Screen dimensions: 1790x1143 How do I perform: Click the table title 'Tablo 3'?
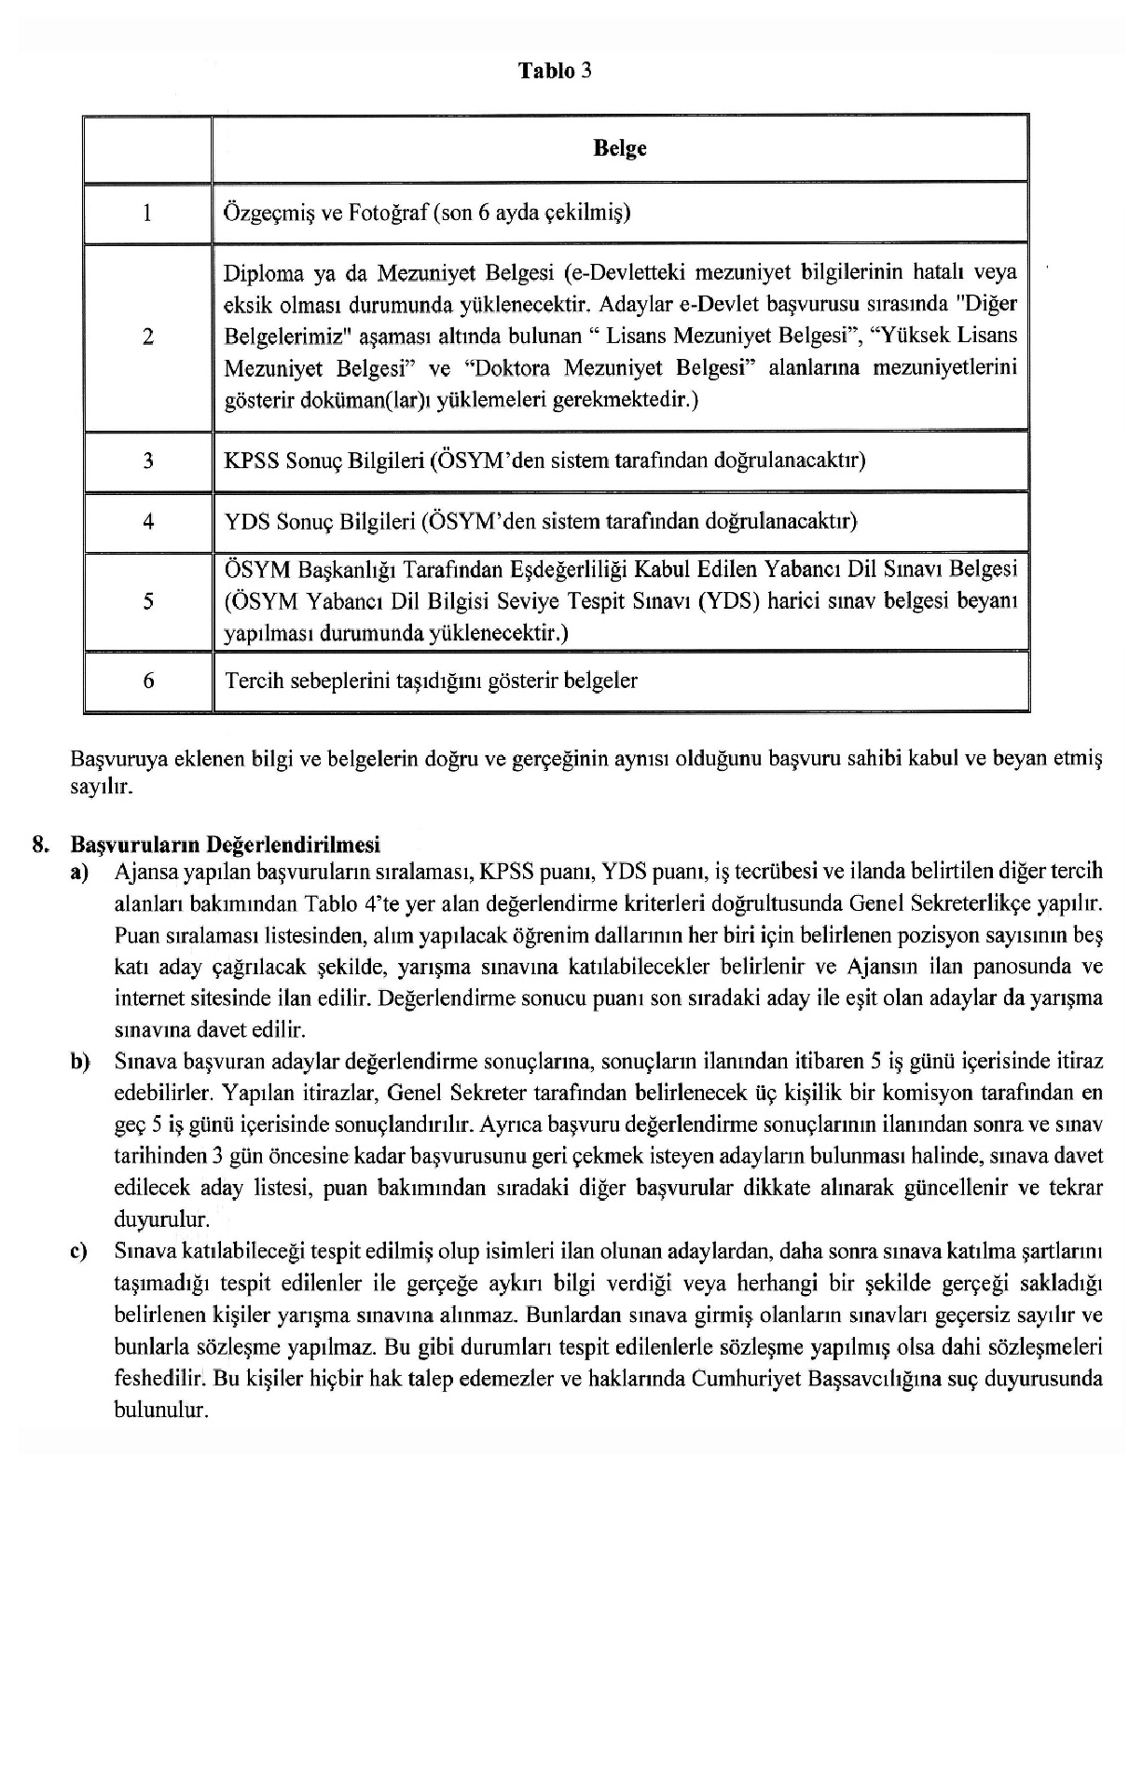556,72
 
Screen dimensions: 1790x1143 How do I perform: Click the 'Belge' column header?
620,149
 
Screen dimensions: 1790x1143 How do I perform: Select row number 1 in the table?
147,213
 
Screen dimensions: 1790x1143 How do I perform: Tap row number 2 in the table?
147,337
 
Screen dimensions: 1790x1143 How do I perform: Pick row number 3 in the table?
147,461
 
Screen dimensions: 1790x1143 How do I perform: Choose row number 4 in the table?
147,522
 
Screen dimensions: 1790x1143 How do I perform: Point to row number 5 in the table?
147,601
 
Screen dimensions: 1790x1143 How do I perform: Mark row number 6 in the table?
147,682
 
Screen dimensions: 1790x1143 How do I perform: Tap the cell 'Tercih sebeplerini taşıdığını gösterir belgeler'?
431,681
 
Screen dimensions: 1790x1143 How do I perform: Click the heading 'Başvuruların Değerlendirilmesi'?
225,846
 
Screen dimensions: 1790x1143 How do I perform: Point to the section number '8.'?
39,846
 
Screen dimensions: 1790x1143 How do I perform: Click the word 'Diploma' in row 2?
264,274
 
